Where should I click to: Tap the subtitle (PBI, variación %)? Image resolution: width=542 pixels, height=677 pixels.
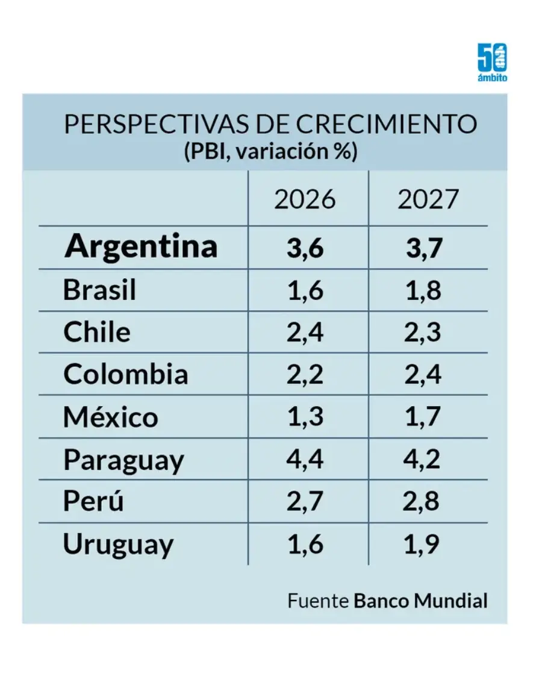(270, 151)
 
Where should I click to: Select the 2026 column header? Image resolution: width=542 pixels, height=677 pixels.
(305, 199)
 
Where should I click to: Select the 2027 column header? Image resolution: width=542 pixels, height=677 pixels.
(428, 199)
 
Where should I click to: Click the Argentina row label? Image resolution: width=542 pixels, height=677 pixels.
(141, 246)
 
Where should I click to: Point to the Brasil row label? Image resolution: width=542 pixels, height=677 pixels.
(99, 290)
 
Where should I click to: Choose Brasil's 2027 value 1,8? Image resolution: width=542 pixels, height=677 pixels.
(423, 290)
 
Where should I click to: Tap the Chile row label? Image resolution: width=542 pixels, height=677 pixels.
(96, 332)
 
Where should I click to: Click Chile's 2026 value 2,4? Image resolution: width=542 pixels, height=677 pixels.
(305, 332)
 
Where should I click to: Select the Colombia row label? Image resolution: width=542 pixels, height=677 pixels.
(125, 375)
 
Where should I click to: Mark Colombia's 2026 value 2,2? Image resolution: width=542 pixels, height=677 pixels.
(305, 375)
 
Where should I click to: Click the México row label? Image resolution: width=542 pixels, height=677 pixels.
(111, 417)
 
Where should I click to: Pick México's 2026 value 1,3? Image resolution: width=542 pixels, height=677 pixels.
(305, 417)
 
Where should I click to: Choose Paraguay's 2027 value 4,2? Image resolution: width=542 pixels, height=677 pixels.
(423, 460)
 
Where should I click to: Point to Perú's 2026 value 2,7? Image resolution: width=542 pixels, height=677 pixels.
(305, 502)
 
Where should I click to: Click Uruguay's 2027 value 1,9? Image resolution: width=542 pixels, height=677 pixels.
(423, 544)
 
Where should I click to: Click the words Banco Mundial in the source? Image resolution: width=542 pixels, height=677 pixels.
(420, 601)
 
